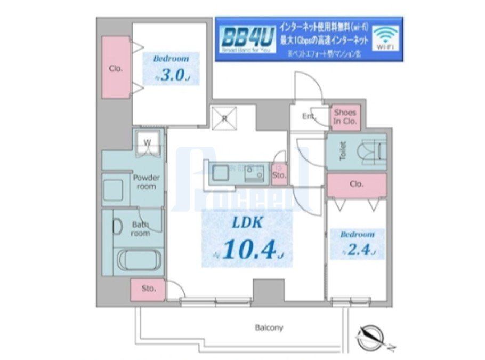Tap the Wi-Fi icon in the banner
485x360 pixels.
(x=385, y=37)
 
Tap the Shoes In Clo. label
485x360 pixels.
(x=345, y=117)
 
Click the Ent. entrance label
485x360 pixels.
(x=309, y=116)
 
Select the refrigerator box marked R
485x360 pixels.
(x=224, y=118)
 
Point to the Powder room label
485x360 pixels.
(x=146, y=182)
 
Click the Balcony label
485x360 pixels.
(x=268, y=328)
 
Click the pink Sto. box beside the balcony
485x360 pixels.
(x=148, y=289)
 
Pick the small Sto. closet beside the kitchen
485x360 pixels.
(x=279, y=174)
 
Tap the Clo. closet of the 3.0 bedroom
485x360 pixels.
(x=116, y=68)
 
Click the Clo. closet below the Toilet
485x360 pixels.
(x=357, y=185)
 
